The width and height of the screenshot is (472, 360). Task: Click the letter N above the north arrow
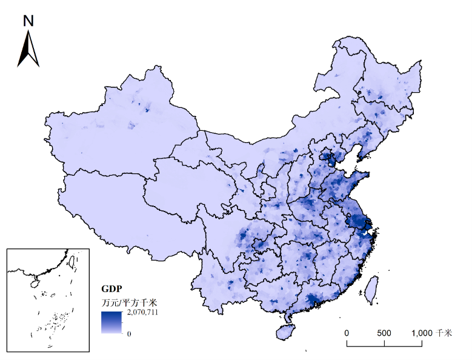click(x=28, y=21)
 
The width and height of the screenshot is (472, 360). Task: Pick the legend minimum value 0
click(x=129, y=333)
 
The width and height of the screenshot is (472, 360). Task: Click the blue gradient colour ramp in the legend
click(x=111, y=322)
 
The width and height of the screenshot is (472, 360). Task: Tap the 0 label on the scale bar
click(x=347, y=333)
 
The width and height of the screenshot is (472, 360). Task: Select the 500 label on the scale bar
click(x=385, y=333)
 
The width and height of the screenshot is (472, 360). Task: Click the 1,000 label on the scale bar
click(x=422, y=333)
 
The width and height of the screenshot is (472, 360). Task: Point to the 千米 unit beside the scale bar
click(x=444, y=333)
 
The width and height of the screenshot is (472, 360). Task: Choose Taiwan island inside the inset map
click(x=70, y=262)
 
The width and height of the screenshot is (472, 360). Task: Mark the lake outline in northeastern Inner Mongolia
click(x=334, y=93)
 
